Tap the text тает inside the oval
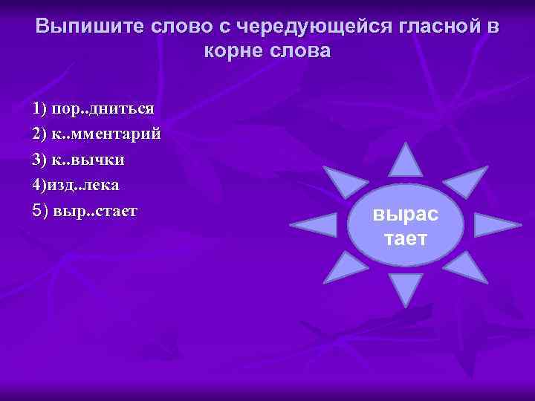tap(406, 238)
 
